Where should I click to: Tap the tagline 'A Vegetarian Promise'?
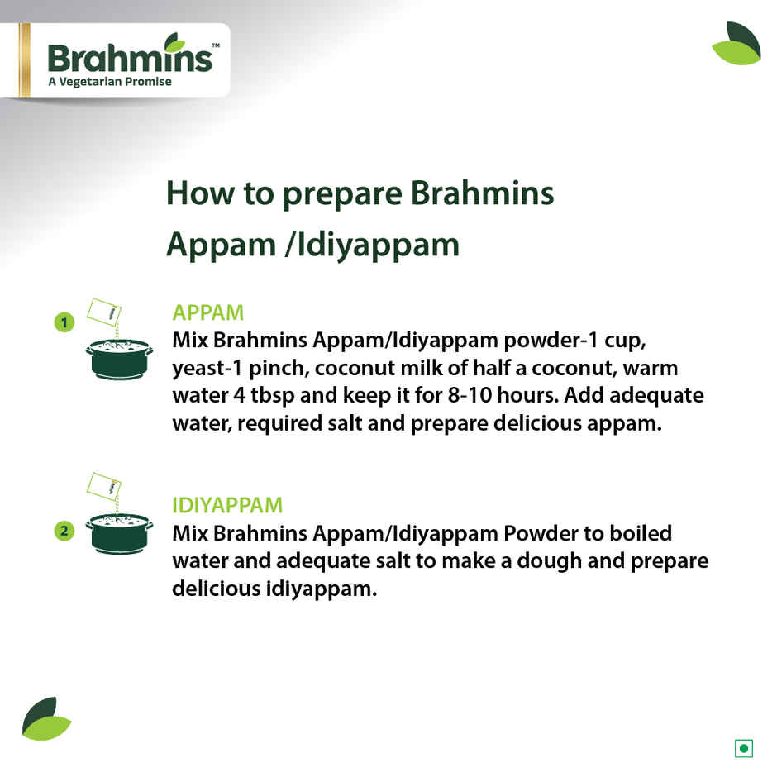coord(110,82)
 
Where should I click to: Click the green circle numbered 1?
coord(64,322)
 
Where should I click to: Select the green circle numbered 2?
coord(64,531)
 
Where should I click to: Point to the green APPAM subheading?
coord(207,312)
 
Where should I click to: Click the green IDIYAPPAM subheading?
coord(227,505)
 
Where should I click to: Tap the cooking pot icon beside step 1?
coord(119,357)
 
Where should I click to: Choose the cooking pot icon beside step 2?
coord(119,532)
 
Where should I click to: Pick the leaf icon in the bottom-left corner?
coord(45,718)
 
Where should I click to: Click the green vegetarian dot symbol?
coord(744,749)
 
